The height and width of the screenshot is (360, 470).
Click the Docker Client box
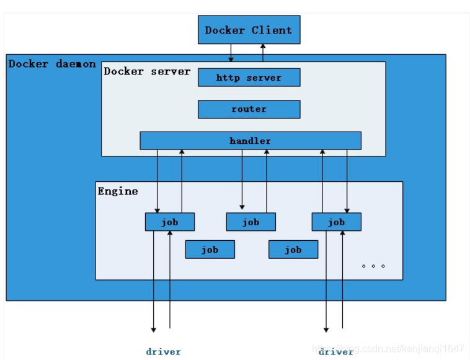(x=249, y=30)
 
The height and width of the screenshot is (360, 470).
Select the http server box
(x=249, y=78)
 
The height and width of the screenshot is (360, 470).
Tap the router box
(x=249, y=109)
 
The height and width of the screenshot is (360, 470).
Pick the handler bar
(x=250, y=141)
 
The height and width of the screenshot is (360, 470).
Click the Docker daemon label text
(x=52, y=64)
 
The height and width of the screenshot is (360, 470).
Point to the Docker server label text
(x=147, y=71)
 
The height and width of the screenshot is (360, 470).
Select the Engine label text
(x=118, y=191)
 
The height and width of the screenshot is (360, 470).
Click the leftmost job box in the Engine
(x=169, y=222)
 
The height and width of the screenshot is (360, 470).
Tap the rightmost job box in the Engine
(x=336, y=222)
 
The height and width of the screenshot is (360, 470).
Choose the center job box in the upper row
(x=251, y=222)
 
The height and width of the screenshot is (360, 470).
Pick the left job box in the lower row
(x=210, y=250)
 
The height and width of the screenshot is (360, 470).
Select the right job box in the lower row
(x=293, y=250)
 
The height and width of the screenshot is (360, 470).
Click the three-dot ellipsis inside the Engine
(x=373, y=266)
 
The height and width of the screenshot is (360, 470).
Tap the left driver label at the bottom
(x=163, y=352)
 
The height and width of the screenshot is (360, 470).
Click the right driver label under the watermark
(x=336, y=352)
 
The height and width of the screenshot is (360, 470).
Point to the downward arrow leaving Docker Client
(x=231, y=53)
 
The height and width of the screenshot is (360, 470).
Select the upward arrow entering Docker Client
(x=262, y=53)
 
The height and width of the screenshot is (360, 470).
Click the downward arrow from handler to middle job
(x=242, y=180)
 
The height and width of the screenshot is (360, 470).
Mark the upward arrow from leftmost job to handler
(x=182, y=180)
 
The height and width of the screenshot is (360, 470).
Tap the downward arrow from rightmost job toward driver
(x=326, y=279)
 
